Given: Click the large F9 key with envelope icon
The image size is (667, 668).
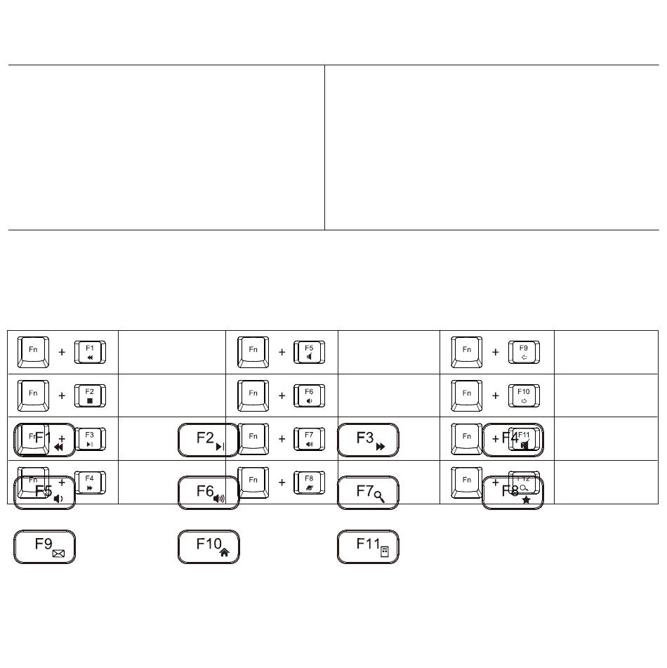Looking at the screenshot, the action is (45, 546).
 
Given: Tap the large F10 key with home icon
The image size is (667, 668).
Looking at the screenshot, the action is (209, 546).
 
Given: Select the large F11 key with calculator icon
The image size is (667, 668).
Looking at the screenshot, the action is (368, 546).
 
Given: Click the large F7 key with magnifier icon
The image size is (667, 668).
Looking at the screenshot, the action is (368, 492).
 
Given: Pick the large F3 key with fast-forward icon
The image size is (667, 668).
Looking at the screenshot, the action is (368, 440).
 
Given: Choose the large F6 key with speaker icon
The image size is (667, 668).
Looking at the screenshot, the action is (209, 492).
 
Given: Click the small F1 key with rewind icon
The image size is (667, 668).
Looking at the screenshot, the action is (90, 352).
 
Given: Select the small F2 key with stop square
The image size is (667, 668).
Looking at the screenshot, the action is (90, 395).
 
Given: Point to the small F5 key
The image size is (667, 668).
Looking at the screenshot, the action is (309, 352).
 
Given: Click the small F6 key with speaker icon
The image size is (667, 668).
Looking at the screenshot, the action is (309, 395).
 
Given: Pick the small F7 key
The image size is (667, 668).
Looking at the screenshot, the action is (309, 439).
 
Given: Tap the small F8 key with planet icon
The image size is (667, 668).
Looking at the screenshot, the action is (309, 483).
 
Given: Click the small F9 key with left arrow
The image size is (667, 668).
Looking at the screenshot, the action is (524, 352).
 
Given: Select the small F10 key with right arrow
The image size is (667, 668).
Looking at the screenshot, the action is (524, 395).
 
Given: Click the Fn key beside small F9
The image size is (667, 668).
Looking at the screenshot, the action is (467, 352).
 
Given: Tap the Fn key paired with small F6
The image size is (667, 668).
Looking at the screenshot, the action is (253, 395).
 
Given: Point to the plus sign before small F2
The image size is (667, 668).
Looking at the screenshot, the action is (62, 396).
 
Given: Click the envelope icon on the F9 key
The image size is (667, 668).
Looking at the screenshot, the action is (58, 554).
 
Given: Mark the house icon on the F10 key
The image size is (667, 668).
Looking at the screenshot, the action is (224, 553).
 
